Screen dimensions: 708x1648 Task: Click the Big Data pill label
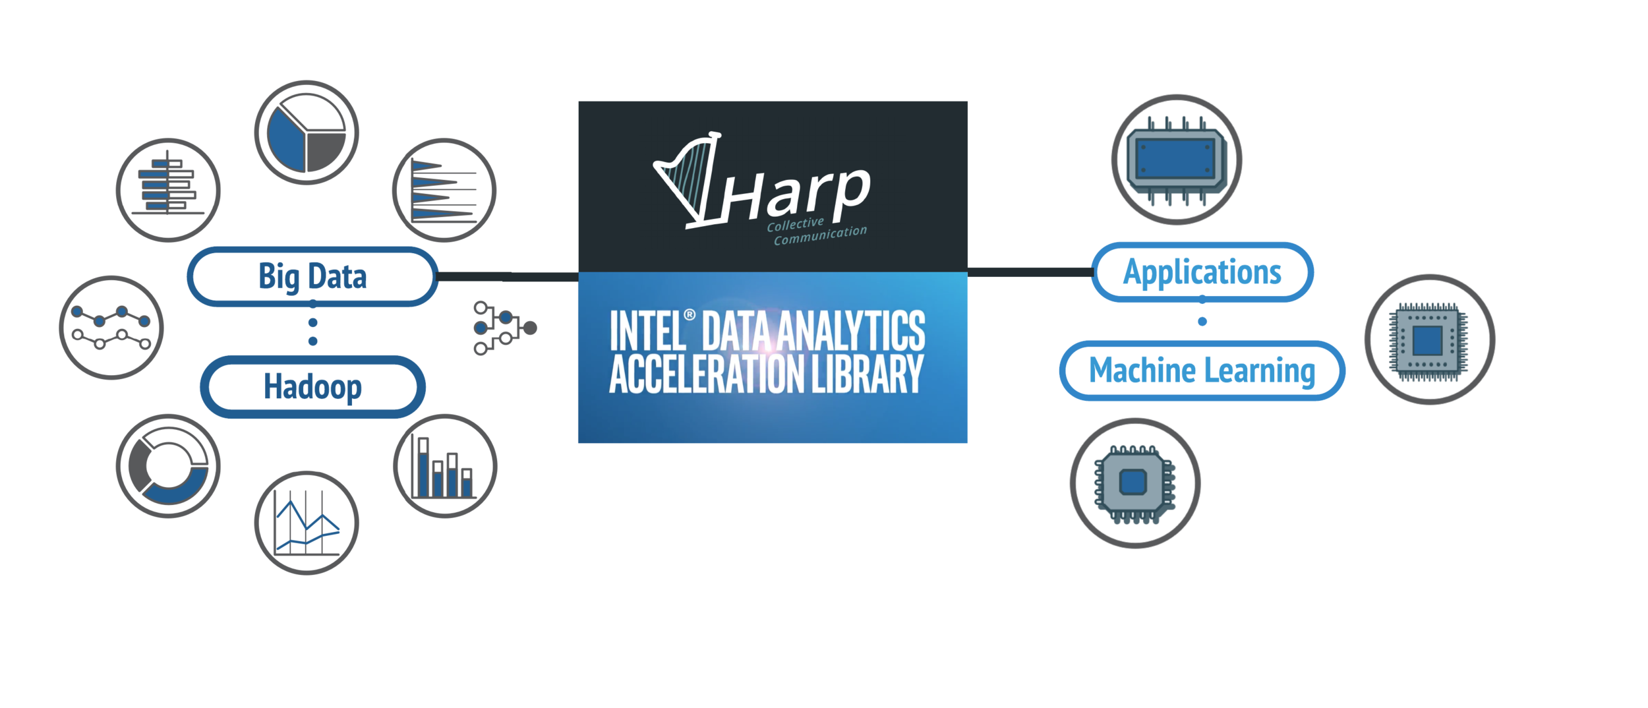(x=312, y=276)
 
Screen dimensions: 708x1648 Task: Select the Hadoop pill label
(x=312, y=387)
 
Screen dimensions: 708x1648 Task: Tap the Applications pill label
(x=1202, y=272)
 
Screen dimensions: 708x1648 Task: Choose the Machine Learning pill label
(x=1202, y=370)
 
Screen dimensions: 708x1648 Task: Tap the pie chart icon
(x=307, y=133)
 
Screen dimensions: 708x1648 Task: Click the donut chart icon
(x=168, y=466)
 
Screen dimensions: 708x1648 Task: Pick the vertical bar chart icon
(x=444, y=466)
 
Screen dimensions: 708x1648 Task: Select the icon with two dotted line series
(x=111, y=328)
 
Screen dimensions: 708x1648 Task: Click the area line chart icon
(x=307, y=523)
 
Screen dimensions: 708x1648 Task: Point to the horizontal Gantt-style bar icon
(x=168, y=190)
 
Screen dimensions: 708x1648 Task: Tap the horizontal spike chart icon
(x=444, y=190)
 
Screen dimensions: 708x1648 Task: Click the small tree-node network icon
(x=504, y=328)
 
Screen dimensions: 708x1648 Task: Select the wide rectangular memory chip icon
(x=1177, y=160)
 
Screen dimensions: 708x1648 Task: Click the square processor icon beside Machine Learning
(x=1429, y=340)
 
